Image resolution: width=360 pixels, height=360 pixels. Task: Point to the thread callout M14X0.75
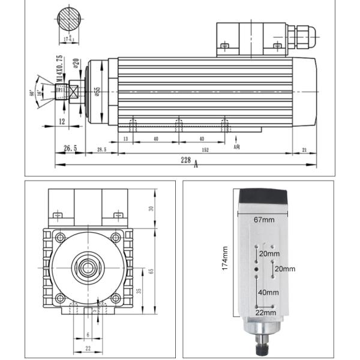[x=59, y=70]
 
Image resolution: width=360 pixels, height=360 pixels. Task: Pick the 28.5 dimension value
[x=101, y=149]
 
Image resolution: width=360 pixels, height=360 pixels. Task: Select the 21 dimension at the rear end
[x=305, y=149]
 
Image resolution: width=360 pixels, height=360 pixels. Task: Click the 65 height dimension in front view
[x=151, y=271]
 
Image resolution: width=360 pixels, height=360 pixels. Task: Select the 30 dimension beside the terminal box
[x=151, y=208]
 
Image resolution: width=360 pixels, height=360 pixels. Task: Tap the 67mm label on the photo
[x=263, y=220]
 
